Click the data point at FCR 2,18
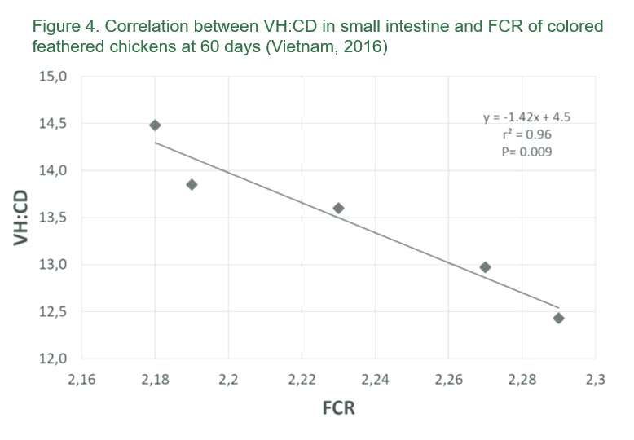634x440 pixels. pyautogui.click(x=155, y=125)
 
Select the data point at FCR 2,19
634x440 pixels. pyautogui.click(x=192, y=184)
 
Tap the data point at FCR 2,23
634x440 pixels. pyautogui.click(x=338, y=208)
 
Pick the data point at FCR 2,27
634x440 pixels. pyautogui.click(x=485, y=267)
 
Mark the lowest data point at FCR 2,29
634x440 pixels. pyautogui.click(x=558, y=318)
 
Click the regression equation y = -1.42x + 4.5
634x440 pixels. pyautogui.click(x=527, y=117)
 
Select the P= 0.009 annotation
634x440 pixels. pyautogui.click(x=527, y=151)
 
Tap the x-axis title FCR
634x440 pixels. pyautogui.click(x=337, y=407)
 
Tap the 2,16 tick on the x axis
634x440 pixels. pyautogui.click(x=81, y=379)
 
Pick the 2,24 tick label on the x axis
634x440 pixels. pyautogui.click(x=375, y=379)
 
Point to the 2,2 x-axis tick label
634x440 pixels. pyautogui.click(x=228, y=379)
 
